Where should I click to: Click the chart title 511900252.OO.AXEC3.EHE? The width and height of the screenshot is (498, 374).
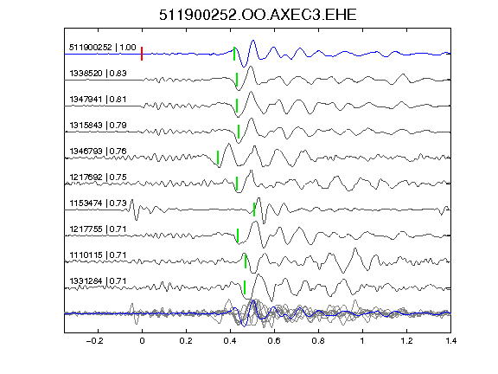point(258,15)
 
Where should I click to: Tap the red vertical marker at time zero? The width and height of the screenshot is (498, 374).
point(142,54)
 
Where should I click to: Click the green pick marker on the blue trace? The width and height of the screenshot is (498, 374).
point(234,54)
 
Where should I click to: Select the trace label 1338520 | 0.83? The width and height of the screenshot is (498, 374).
point(98,74)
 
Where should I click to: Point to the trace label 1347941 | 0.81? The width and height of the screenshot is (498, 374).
point(98,100)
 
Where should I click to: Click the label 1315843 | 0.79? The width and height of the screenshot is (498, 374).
point(98,126)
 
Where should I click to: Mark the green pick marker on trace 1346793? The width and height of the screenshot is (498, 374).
point(218,158)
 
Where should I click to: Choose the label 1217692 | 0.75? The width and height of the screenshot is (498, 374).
point(98,177)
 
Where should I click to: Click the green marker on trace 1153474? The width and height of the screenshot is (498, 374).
point(254,210)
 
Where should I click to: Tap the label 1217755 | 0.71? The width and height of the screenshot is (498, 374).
point(98,229)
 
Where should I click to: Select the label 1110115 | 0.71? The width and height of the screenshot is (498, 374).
point(98,255)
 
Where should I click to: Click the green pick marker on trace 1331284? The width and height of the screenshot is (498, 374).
point(245,287)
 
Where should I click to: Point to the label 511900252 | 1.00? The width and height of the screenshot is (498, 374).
point(103,48)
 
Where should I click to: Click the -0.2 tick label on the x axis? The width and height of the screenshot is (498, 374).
point(94,341)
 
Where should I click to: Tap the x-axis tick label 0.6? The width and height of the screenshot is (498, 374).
point(274,341)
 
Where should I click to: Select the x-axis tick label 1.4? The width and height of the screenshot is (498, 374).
point(450,341)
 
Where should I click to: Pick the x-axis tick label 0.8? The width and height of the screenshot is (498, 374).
point(318,341)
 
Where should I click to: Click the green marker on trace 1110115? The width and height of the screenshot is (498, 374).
point(246,261)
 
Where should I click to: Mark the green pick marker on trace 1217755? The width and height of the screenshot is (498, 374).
point(238,235)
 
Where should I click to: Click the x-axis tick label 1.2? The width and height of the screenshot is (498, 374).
point(406,341)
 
